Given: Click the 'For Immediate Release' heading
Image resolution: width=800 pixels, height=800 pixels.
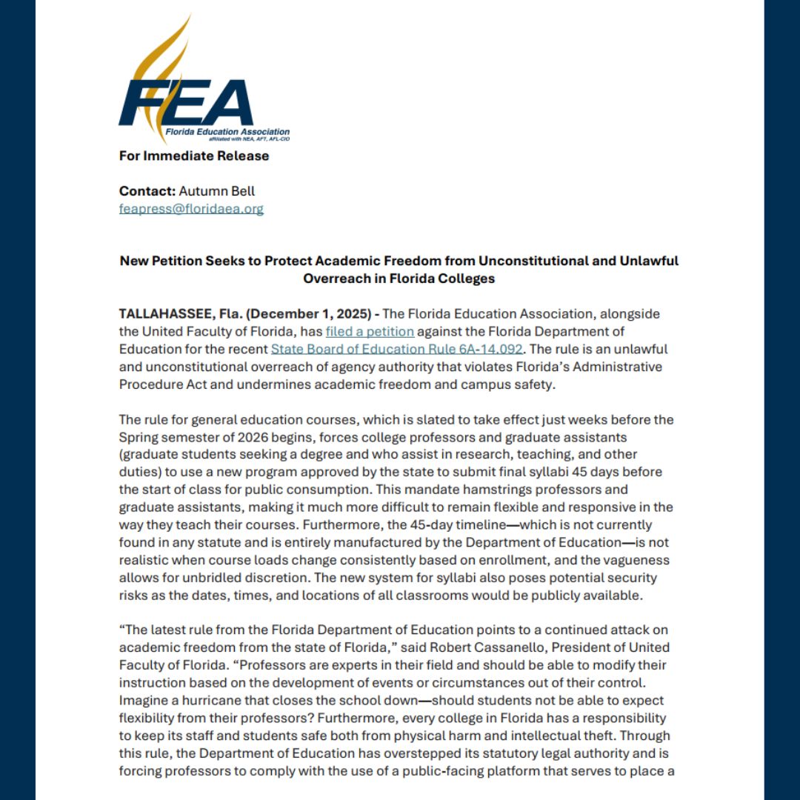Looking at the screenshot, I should (x=194, y=156).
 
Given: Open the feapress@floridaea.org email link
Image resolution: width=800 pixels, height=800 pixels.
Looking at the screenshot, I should (x=191, y=209).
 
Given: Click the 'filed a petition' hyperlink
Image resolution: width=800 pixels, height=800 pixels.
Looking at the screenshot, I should (x=370, y=330).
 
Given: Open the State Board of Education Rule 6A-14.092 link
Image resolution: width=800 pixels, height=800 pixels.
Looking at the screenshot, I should (x=396, y=348).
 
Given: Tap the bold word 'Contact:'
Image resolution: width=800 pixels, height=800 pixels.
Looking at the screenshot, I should (x=147, y=190).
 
